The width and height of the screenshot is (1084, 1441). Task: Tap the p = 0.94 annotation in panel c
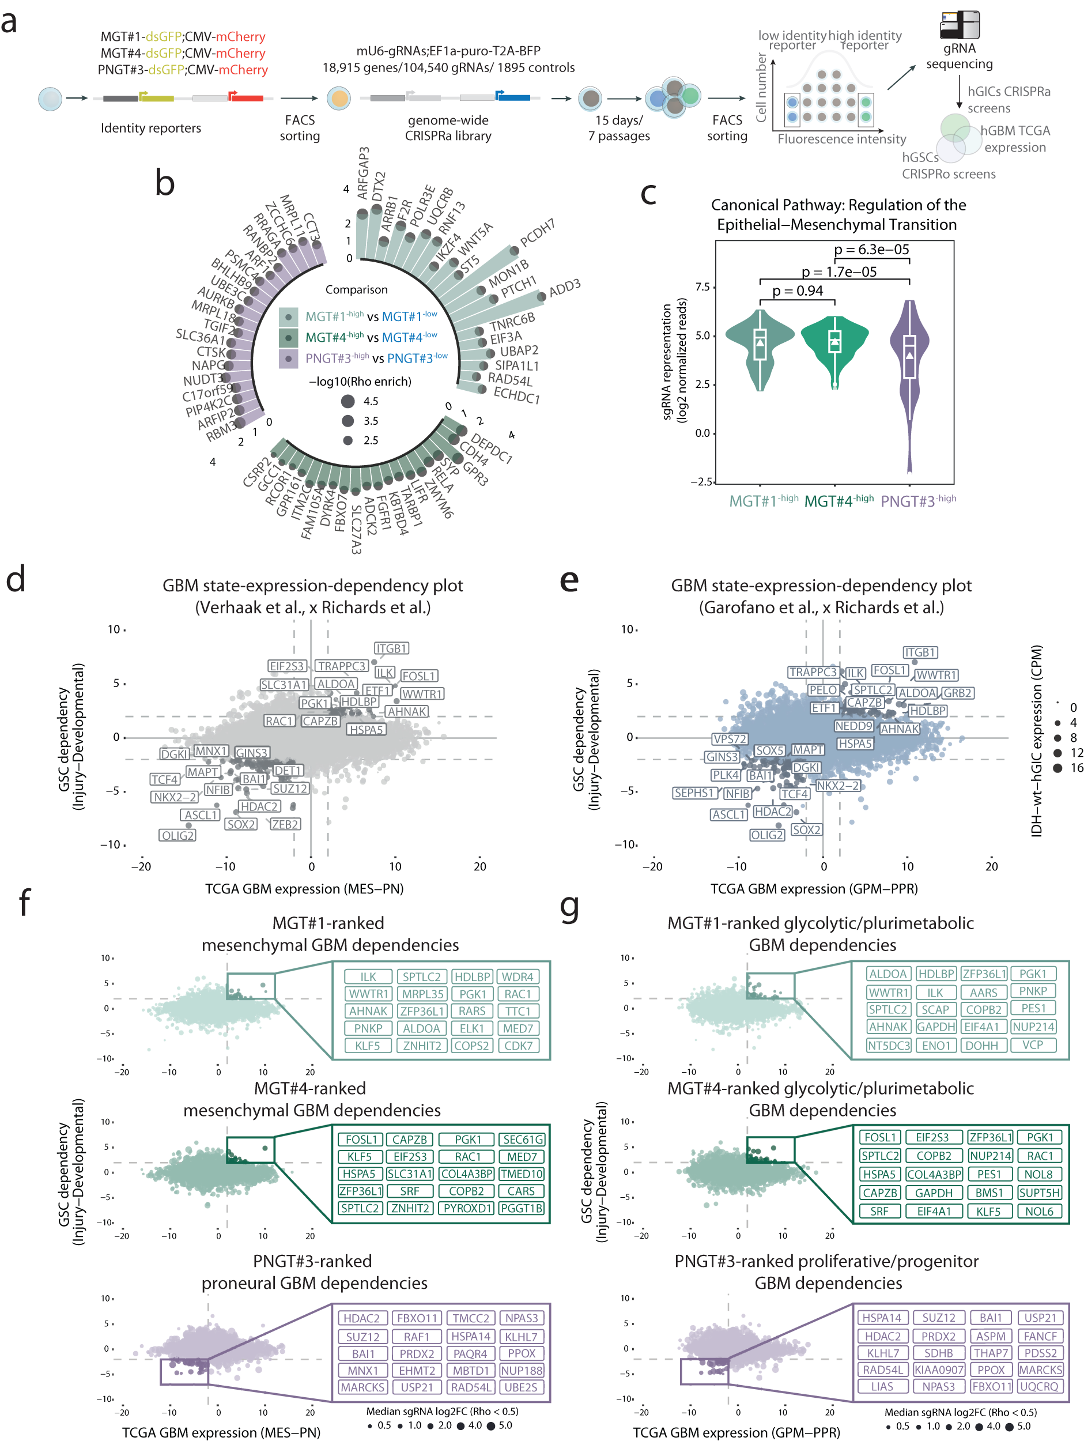(798, 291)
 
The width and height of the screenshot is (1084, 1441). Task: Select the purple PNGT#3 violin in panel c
(909, 365)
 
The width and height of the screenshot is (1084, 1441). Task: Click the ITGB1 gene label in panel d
(391, 648)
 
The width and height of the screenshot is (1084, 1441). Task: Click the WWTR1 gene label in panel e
(936, 675)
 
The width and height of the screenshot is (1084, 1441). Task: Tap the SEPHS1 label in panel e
(694, 793)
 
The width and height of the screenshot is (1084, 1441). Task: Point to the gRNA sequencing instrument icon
(959, 25)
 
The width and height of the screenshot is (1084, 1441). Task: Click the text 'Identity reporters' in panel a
(150, 128)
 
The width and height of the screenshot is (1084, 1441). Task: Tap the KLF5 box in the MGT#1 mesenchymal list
(368, 1046)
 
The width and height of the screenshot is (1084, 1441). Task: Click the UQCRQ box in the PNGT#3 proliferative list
(1040, 1386)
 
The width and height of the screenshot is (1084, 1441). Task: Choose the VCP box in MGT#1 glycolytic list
(1033, 1045)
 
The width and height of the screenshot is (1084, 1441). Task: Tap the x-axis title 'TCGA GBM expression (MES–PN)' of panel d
(304, 889)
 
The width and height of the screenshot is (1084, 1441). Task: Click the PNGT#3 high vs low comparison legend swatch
(288, 359)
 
